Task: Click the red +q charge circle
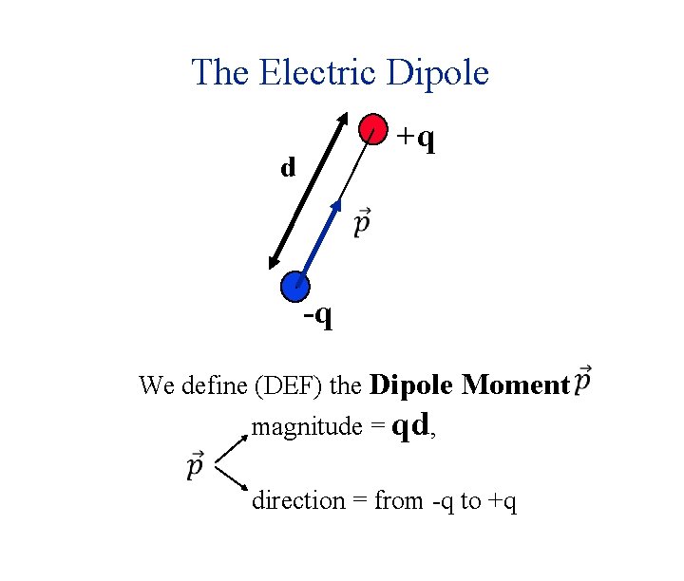[x=372, y=130]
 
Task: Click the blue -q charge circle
[x=295, y=285]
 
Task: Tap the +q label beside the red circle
[x=416, y=139]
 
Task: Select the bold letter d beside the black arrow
[x=288, y=169]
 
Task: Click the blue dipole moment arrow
[x=320, y=241]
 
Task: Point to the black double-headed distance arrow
[x=307, y=190]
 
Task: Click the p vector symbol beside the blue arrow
[x=362, y=223]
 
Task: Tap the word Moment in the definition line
[x=514, y=384]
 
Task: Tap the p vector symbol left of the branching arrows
[x=194, y=467]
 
